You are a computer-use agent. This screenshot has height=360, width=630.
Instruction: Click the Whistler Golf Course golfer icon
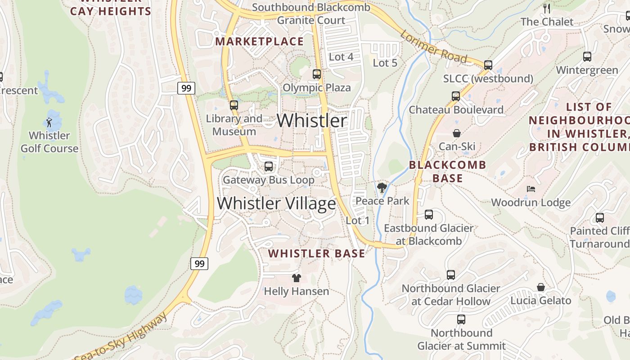49,122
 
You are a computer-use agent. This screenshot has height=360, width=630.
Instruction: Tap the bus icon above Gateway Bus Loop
269,166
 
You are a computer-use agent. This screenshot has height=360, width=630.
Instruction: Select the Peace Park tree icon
382,187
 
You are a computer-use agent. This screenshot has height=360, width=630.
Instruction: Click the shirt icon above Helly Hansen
296,278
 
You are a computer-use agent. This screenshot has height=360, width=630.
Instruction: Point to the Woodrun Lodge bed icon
531,189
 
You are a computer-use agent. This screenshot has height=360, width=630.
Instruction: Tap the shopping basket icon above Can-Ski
457,133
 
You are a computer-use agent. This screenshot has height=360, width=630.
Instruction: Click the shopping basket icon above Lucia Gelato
541,287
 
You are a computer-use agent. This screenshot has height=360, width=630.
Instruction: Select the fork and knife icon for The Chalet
547,8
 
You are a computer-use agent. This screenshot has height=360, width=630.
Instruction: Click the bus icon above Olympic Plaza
317,74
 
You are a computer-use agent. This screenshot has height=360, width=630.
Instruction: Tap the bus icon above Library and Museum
234,105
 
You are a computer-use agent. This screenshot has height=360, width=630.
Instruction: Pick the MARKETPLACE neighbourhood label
260,41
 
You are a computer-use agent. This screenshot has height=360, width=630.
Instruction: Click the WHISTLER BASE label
317,254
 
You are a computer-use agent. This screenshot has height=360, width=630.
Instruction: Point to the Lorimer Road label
433,46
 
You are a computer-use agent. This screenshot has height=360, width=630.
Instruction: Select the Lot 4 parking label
341,57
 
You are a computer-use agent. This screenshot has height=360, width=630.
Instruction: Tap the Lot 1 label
358,220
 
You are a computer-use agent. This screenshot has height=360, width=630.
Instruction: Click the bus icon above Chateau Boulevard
456,96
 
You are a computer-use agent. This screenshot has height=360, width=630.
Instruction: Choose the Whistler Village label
276,203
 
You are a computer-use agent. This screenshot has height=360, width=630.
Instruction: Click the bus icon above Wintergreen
587,57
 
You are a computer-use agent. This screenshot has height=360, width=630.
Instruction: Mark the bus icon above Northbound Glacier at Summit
461,319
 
